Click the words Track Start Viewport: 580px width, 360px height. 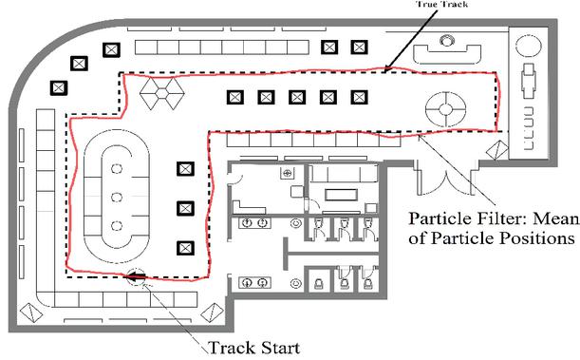click(253, 348)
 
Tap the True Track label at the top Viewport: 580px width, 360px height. click(442, 4)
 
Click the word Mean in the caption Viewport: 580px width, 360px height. click(556, 218)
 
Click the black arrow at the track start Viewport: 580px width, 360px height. click(135, 275)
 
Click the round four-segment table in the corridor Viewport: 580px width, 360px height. click(446, 109)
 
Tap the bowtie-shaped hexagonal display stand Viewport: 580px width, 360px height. click(162, 93)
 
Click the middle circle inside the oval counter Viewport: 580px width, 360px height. click(117, 197)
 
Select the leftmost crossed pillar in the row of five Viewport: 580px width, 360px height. click(235, 97)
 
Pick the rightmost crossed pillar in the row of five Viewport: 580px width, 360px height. click(359, 97)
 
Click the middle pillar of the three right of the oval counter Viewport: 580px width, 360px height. click(186, 209)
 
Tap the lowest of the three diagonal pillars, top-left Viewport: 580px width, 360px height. click(59, 88)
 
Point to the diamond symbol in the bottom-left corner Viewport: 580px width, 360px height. click(31, 313)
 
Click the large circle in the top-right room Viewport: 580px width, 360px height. click(529, 46)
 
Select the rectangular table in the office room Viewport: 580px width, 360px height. click(342, 195)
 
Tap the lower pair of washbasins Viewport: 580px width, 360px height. click(254, 283)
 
